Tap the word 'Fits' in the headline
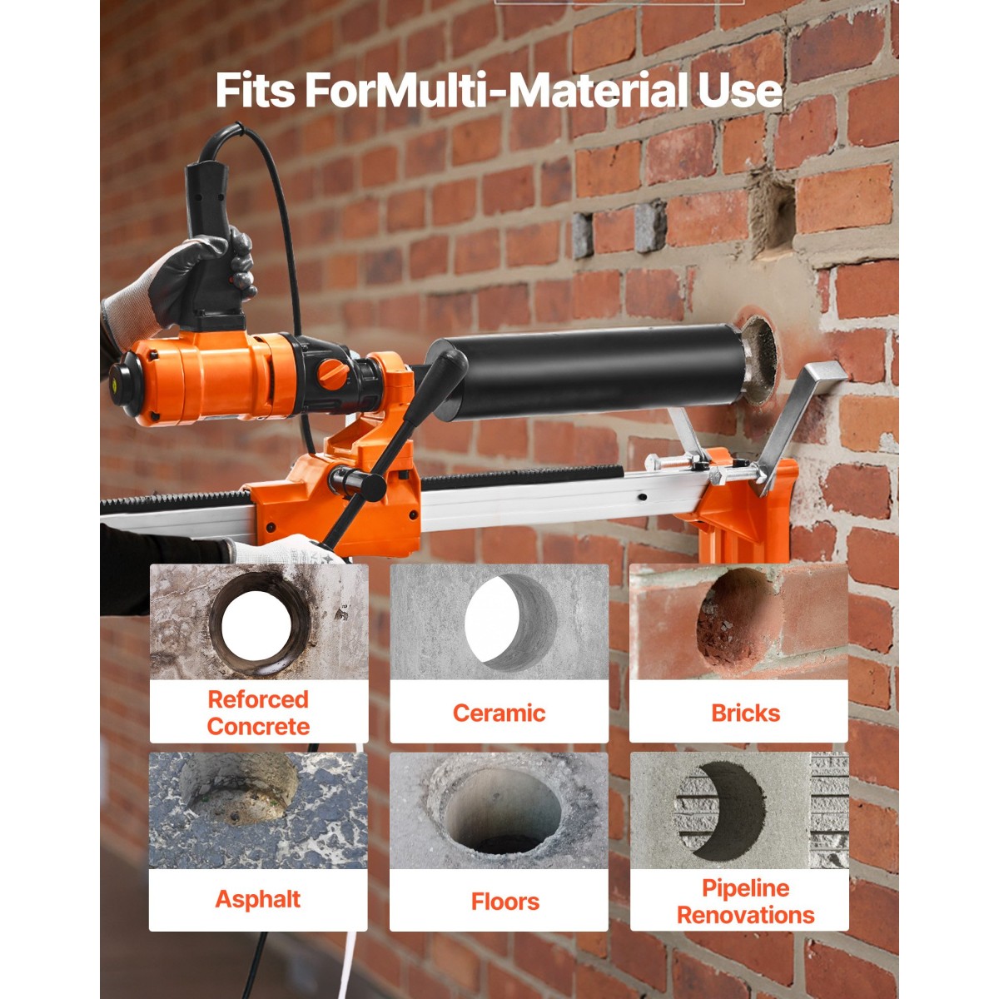[255, 90]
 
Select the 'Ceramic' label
[499, 713]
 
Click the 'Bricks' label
[745, 713]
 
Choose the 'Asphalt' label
[257, 899]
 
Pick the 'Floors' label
[505, 902]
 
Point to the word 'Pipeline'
[745, 888]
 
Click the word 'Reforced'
[258, 699]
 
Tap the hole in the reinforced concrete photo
[256, 625]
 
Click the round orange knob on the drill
[333, 373]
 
